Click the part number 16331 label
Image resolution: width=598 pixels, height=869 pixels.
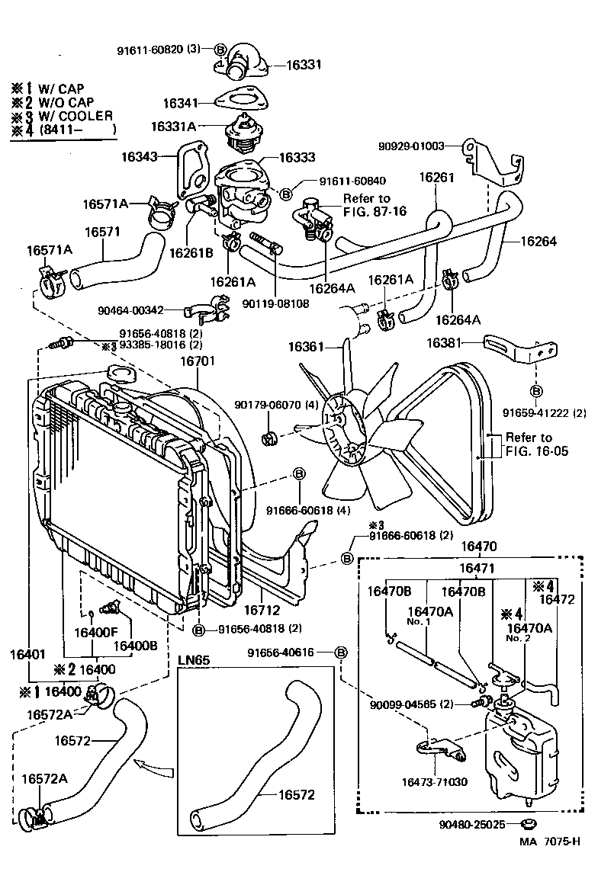[284, 66]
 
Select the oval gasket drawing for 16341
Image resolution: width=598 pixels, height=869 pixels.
[235, 100]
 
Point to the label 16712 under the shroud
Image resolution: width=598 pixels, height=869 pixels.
[263, 610]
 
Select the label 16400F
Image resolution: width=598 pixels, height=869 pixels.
[95, 631]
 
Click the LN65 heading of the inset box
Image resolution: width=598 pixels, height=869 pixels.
[194, 659]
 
